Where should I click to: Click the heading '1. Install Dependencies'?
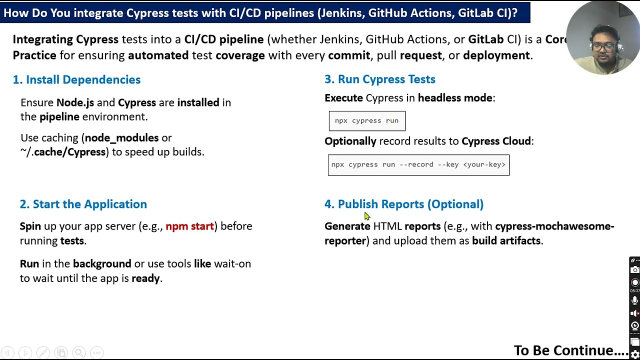tap(76, 79)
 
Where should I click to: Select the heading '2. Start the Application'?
tap(83, 204)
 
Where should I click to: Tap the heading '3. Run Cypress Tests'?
tap(380, 79)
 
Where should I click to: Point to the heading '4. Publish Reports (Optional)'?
tap(404, 204)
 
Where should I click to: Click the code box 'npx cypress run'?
tap(367, 120)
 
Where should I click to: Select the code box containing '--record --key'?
tap(418, 164)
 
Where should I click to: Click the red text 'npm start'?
tap(189, 226)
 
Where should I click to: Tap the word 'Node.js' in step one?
tap(75, 102)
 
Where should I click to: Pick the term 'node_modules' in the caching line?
tap(121, 138)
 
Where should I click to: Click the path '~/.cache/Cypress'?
tap(63, 152)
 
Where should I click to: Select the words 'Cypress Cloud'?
tap(496, 141)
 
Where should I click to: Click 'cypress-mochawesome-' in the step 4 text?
tap(554, 226)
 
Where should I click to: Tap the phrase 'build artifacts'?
tap(506, 240)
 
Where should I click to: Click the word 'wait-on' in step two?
tap(232, 263)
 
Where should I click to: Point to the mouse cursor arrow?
tap(366, 215)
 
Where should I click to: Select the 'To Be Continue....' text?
tap(570, 350)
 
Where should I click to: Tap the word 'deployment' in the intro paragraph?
tap(496, 55)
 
